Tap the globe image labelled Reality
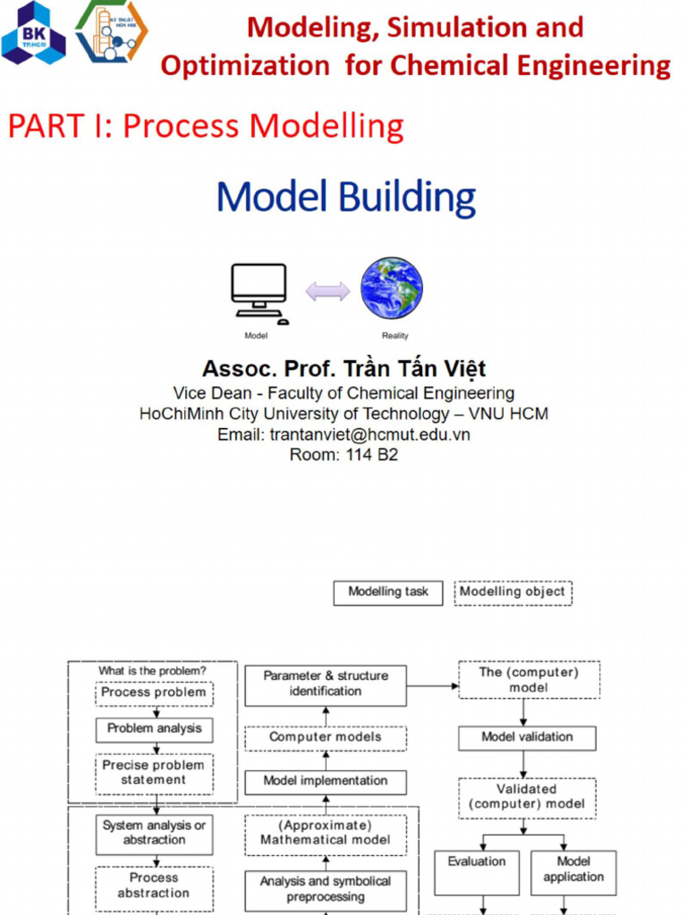(392, 289)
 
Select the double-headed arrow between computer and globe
(327, 291)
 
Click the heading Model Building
(345, 197)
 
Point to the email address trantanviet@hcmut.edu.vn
(343, 435)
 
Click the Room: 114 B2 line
(343, 455)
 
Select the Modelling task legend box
(388, 592)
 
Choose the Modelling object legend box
(513, 592)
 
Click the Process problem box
(154, 693)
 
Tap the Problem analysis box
(154, 729)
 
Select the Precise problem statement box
(154, 774)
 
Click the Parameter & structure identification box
(326, 684)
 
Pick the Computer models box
(326, 738)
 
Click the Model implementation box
(326, 782)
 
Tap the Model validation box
(527, 738)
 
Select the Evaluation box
(477, 871)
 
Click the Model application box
(573, 871)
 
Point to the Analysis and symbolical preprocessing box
(326, 890)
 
